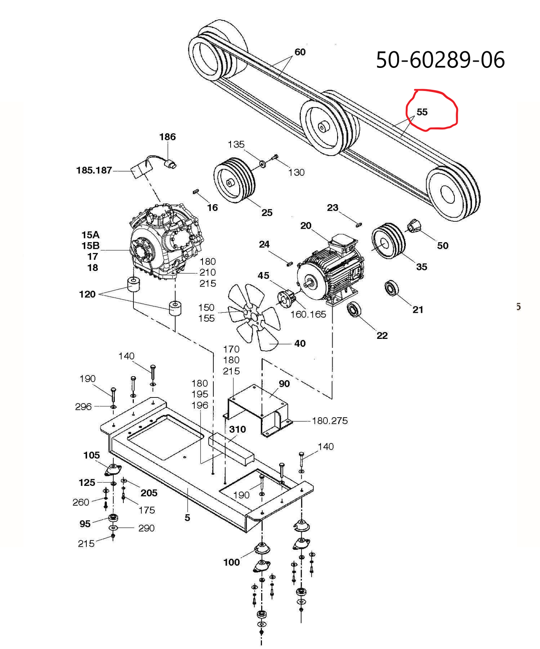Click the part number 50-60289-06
(x=440, y=60)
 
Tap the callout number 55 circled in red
(x=422, y=112)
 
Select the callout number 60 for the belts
(x=300, y=52)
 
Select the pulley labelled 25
(x=235, y=180)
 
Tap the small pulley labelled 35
(x=389, y=241)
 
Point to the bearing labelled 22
(x=354, y=310)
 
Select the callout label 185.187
(x=94, y=171)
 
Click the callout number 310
(x=237, y=429)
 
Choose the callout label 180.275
(x=329, y=421)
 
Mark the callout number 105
(x=92, y=455)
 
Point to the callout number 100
(x=231, y=562)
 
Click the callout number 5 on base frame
(x=187, y=518)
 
